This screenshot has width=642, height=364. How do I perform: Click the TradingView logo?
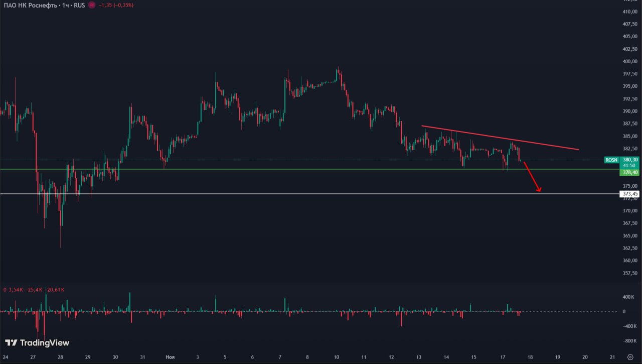[x=37, y=343]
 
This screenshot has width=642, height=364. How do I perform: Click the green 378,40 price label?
[x=629, y=172]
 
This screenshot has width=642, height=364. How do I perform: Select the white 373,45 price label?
[x=629, y=194]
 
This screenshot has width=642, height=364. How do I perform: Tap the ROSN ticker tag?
[x=611, y=160]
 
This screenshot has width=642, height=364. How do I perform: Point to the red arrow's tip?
[x=540, y=192]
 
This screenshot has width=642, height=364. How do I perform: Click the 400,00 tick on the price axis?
[x=629, y=62]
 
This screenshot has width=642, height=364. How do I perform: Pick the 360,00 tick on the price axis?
[x=629, y=261]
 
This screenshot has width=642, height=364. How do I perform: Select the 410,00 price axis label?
[x=629, y=12]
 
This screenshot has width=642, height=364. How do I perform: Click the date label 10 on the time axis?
[x=336, y=357]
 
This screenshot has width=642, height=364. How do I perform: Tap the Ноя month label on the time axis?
[x=170, y=357]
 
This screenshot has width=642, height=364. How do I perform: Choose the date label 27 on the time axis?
[x=33, y=357]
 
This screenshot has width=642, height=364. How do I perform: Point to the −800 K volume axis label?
[x=628, y=341]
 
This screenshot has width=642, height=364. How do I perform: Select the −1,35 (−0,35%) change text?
[x=116, y=5]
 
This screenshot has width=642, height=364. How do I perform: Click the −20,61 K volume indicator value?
[x=56, y=290]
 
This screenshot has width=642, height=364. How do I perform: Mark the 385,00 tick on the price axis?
[x=629, y=136]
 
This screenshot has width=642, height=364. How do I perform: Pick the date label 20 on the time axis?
[x=584, y=357]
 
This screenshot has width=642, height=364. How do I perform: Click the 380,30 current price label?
[x=629, y=160]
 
